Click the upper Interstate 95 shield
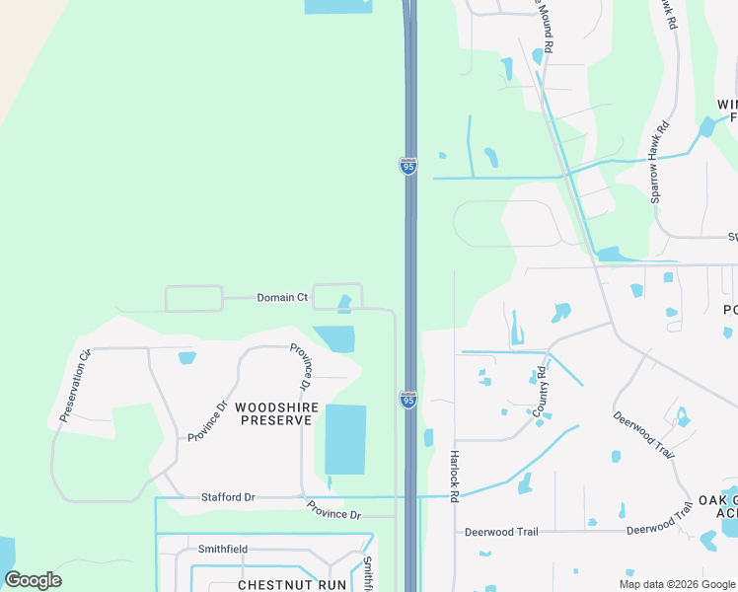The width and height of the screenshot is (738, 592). (408, 166)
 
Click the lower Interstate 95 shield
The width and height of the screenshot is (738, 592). (408, 399)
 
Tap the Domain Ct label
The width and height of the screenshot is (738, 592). (282, 297)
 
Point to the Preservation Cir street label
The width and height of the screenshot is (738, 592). (75, 385)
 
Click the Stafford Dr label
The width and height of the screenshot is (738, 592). (228, 498)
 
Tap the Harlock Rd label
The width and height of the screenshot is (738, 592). (455, 478)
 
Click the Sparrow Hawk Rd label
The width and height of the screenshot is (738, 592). (659, 162)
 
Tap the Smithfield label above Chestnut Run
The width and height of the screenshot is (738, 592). (223, 549)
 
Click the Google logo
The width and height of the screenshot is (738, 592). (33, 580)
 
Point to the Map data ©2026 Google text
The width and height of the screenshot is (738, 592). (677, 584)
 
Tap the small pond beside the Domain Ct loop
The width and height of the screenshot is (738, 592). (344, 304)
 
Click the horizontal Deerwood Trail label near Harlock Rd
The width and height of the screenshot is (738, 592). (501, 532)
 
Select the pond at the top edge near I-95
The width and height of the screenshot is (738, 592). (338, 7)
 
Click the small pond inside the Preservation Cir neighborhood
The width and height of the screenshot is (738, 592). (186, 357)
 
